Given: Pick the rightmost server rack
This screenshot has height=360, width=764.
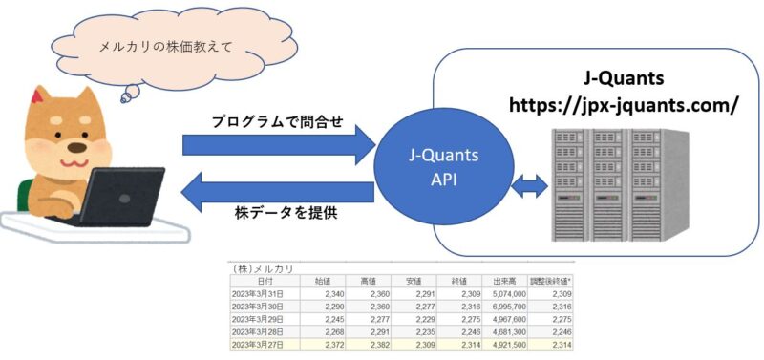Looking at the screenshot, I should [x=667, y=185].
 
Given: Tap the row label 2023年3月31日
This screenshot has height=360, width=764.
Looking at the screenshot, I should [x=261, y=293].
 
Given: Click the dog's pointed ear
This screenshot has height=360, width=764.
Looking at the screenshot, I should [x=41, y=96].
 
